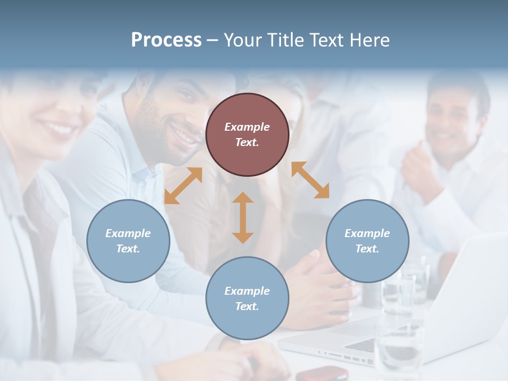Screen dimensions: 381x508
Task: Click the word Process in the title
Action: [x=166, y=40]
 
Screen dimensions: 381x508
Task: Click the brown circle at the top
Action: [x=247, y=134]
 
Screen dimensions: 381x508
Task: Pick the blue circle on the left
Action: [x=128, y=241]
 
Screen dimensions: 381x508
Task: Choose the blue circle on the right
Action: [x=367, y=241]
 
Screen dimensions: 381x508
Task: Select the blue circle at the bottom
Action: [x=247, y=298]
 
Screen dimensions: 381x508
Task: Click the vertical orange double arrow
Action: [x=243, y=217]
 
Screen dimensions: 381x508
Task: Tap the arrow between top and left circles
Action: [x=183, y=186]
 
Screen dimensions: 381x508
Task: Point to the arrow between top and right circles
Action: [x=310, y=180]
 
